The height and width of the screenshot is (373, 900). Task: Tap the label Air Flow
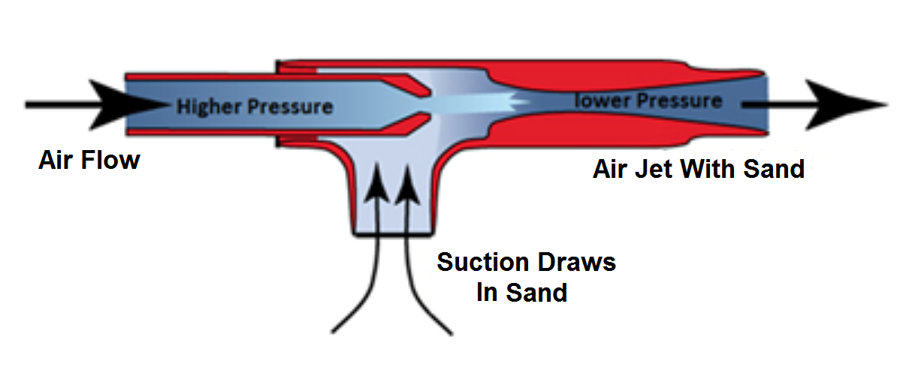(x=89, y=160)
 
